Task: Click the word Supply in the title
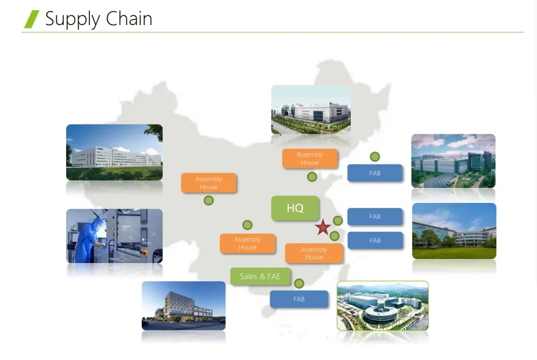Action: (x=72, y=19)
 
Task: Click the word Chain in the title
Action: (x=129, y=18)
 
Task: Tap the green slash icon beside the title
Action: (x=32, y=19)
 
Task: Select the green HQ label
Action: (x=295, y=208)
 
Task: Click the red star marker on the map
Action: (x=323, y=227)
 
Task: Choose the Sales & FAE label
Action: (x=260, y=276)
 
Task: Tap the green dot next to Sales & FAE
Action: (x=299, y=283)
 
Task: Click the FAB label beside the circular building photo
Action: (x=299, y=299)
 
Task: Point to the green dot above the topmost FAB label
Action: (x=375, y=157)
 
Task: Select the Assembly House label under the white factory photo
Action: (x=310, y=158)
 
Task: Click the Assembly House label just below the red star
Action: (x=314, y=253)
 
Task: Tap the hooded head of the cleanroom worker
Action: (x=97, y=219)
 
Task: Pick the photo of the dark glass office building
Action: (x=183, y=306)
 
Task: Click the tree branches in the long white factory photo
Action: (x=154, y=132)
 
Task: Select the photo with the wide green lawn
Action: (x=454, y=231)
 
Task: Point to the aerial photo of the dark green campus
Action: (x=453, y=161)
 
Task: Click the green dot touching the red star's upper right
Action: (x=338, y=220)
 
